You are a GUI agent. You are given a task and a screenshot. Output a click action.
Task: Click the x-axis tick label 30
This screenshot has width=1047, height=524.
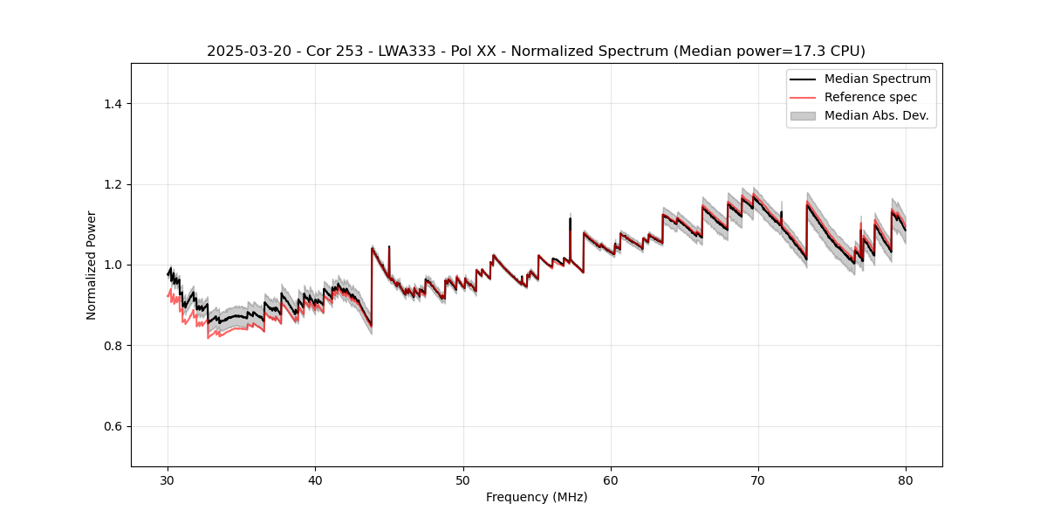pos(168,479)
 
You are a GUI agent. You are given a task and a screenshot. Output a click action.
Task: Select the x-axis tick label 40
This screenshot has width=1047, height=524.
pos(316,479)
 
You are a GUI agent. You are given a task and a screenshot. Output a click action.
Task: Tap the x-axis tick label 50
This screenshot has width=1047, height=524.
pos(463,479)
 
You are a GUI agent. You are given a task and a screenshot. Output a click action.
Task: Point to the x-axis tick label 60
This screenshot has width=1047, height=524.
pos(611,479)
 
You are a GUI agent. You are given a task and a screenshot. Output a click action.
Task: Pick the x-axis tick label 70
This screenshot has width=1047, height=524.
pos(758,479)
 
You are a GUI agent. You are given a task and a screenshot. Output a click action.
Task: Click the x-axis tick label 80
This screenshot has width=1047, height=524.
pos(906,479)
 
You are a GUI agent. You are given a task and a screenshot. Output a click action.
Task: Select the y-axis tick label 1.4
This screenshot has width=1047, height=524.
pos(113,104)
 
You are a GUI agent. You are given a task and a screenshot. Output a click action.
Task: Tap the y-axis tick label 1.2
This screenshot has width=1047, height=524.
pos(113,184)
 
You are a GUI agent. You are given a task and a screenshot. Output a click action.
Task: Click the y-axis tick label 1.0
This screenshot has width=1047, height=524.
pos(113,265)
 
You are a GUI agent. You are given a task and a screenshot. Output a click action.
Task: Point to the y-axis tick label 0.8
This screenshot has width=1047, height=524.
pos(113,346)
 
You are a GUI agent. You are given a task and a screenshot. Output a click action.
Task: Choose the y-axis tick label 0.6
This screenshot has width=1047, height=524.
pos(113,426)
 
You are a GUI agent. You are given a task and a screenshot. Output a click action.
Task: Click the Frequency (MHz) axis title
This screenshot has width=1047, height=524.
pos(537,497)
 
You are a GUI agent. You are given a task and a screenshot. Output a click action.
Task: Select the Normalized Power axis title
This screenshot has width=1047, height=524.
pos(92,265)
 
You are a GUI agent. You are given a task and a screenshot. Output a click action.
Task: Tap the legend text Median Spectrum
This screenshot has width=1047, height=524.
pos(877,79)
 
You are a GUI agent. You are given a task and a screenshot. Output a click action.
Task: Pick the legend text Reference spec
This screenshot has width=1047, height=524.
pos(871,97)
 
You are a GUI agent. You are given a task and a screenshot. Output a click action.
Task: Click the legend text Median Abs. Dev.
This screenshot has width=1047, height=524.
pos(876,115)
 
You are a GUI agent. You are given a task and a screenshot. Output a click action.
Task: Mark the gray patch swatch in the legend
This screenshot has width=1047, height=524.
pos(803,115)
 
